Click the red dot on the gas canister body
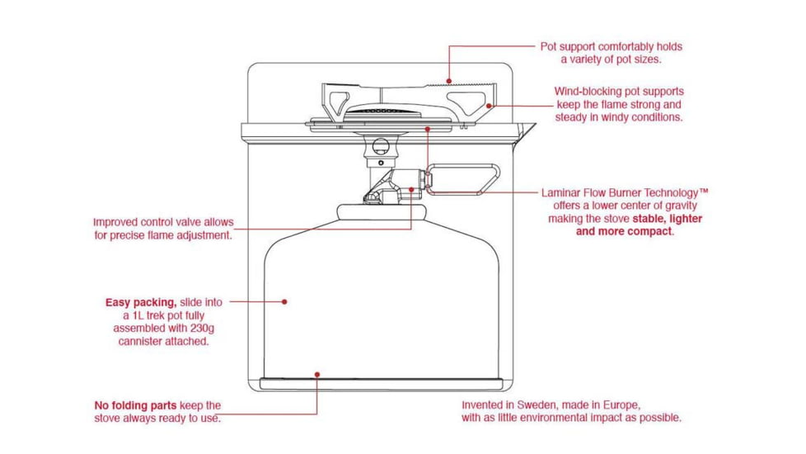(284, 302)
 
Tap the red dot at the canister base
(316, 374)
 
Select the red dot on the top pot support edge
(449, 81)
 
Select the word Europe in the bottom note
(619, 405)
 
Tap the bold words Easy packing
(141, 303)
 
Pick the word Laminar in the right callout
(561, 192)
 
